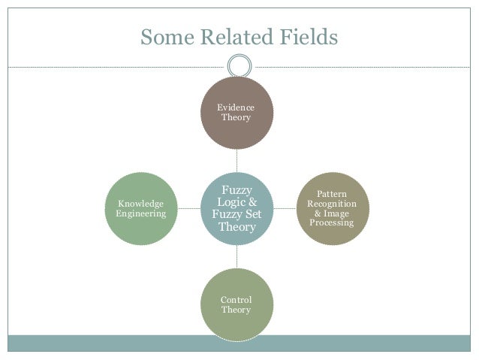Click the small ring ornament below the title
pyautogui.click(x=239, y=64)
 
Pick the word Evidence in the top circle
pyautogui.click(x=236, y=108)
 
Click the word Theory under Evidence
pyautogui.click(x=236, y=119)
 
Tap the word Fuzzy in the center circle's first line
pyautogui.click(x=236, y=190)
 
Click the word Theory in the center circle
pyautogui.click(x=236, y=226)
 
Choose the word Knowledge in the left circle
pyautogui.click(x=141, y=203)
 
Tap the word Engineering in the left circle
pyautogui.click(x=141, y=213)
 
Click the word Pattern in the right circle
pyautogui.click(x=332, y=194)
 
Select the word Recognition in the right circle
pyautogui.click(x=332, y=204)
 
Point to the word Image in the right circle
pyautogui.click(x=337, y=213)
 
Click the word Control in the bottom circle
pyautogui.click(x=236, y=300)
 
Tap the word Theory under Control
pyautogui.click(x=236, y=310)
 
